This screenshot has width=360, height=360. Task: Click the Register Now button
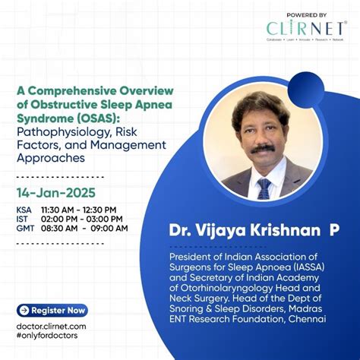tap(52, 310)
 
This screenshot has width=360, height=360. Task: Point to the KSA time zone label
tap(24, 209)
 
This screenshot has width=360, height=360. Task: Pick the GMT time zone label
tap(24, 228)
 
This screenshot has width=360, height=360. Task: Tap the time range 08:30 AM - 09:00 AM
tap(84, 228)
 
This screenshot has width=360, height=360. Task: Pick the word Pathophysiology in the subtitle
tap(58, 132)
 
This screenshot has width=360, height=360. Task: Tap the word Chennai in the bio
tap(305, 319)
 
